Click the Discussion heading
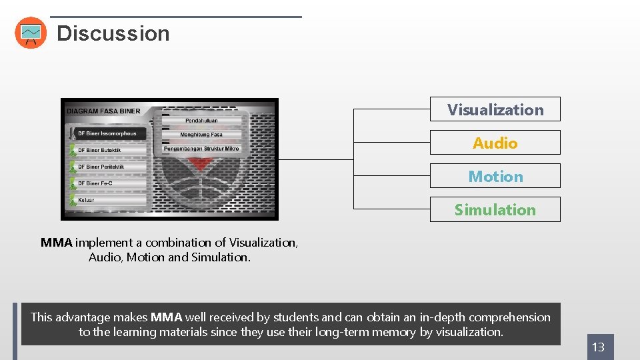click(113, 33)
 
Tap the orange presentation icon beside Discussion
click(31, 33)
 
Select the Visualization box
click(495, 109)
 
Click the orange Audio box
click(495, 143)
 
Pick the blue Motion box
click(495, 176)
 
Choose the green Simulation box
click(495, 209)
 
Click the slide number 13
click(599, 347)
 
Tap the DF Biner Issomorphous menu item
click(107, 133)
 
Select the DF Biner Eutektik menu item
click(100, 150)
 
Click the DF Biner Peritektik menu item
click(101, 167)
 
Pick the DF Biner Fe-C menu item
click(95, 183)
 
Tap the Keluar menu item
click(86, 200)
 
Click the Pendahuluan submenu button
click(201, 121)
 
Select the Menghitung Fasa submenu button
click(201, 135)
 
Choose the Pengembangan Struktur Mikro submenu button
click(201, 149)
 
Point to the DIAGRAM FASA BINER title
click(103, 111)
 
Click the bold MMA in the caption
click(56, 243)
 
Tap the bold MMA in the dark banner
click(166, 317)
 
